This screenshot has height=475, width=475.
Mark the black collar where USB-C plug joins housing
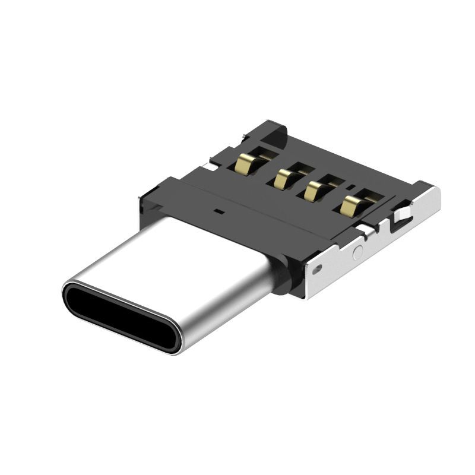284,279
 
